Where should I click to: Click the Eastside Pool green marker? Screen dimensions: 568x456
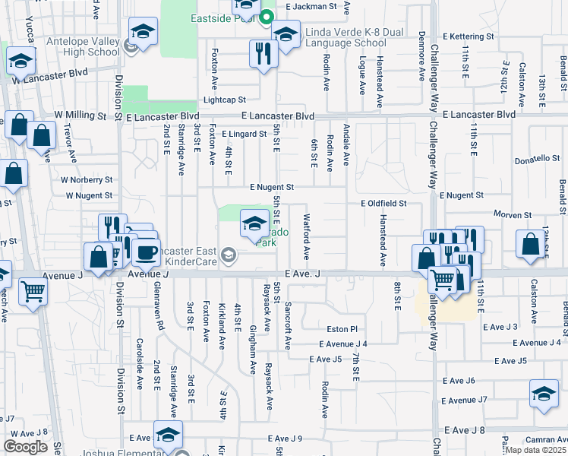click(266, 17)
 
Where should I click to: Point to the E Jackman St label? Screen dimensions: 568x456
click(311, 6)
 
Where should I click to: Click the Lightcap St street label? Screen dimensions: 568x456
click(224, 100)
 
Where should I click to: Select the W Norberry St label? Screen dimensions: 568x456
click(87, 180)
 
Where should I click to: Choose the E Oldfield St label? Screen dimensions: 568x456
click(383, 204)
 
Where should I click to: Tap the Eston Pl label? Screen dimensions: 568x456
click(342, 330)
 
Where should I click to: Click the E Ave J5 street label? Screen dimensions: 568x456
click(331, 359)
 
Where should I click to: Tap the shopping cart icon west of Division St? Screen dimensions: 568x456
click(33, 290)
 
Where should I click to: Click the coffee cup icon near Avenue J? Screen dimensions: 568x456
click(146, 251)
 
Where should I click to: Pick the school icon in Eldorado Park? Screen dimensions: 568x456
click(254, 223)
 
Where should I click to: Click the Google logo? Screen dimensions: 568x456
click(25, 447)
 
